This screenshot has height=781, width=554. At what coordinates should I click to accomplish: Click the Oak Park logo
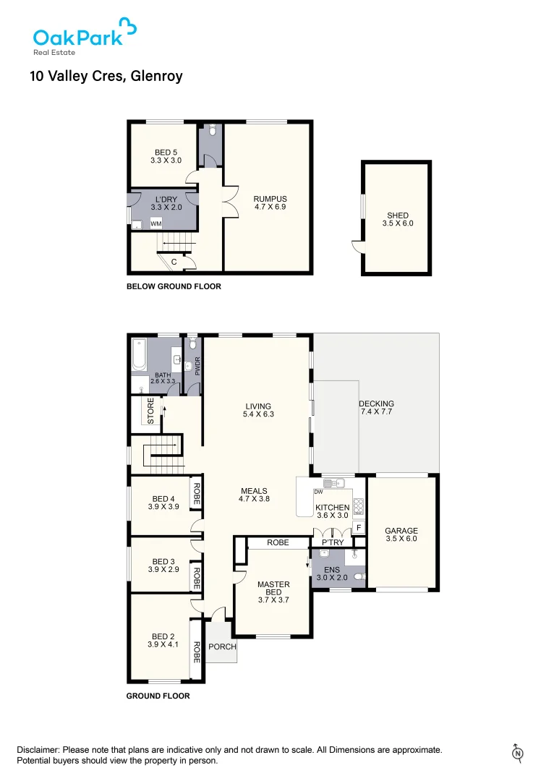click(x=84, y=35)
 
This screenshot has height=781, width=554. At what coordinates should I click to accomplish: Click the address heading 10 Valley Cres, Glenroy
click(x=106, y=76)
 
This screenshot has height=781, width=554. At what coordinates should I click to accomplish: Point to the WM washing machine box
click(x=156, y=224)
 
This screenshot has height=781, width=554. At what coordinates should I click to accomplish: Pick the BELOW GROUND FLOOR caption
click(x=174, y=286)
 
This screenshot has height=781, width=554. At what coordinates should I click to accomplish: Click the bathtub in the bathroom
click(x=139, y=355)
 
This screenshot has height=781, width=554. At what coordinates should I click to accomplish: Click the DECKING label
click(x=376, y=408)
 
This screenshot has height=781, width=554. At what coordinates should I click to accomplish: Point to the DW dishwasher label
click(x=318, y=492)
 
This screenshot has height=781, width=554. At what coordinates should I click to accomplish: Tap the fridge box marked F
click(x=358, y=528)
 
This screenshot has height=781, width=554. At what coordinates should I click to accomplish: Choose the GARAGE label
click(x=401, y=535)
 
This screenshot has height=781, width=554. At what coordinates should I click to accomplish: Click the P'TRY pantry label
click(x=333, y=542)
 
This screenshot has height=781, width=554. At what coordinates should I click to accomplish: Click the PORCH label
click(x=222, y=646)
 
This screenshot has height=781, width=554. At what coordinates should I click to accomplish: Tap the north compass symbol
click(x=518, y=753)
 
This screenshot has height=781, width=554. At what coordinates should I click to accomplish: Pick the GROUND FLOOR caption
click(x=158, y=696)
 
